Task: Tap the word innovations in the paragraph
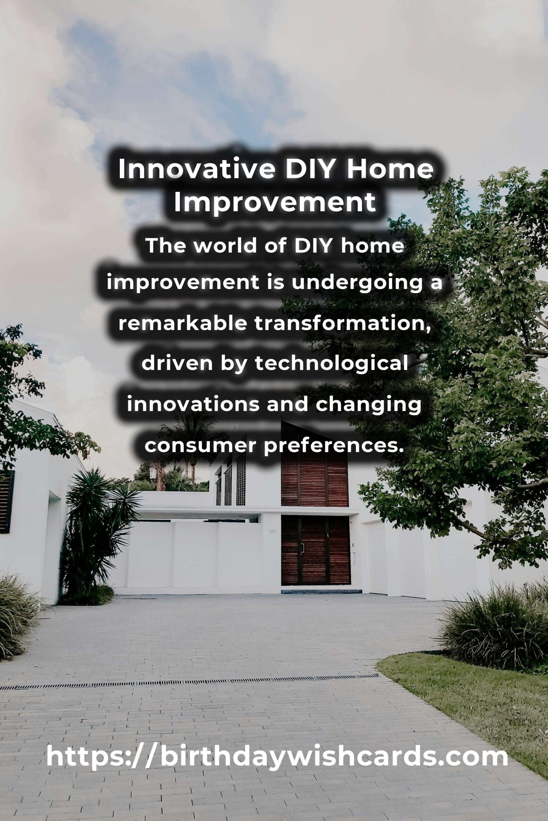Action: point(193,404)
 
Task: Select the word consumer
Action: point(201,446)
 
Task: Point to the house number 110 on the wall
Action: point(272,531)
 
